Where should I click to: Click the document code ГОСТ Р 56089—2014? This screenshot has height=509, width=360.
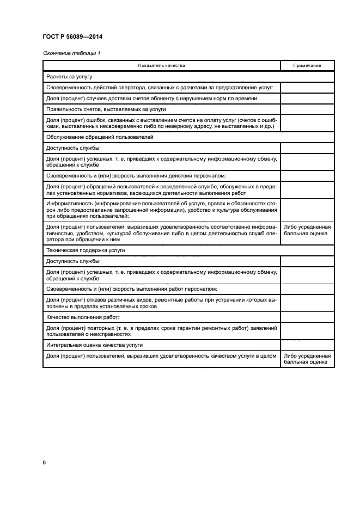[72, 37]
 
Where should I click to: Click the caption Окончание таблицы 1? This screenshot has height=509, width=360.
[71, 53]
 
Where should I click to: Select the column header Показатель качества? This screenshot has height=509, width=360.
[161, 66]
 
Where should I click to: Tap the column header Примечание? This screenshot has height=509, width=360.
[307, 66]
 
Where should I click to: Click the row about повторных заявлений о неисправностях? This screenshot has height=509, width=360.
[161, 330]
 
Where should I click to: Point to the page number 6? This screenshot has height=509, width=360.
[44, 463]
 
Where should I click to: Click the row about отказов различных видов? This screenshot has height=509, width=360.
[161, 302]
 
